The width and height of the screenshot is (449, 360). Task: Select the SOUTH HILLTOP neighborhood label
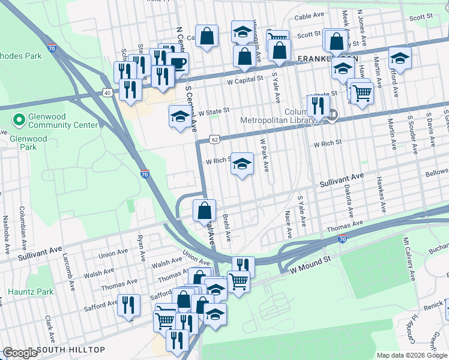pyautogui.click(x=71, y=350)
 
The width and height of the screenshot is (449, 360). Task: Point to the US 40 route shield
pyautogui.click(x=107, y=93)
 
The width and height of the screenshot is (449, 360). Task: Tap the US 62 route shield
pyautogui.click(x=214, y=139)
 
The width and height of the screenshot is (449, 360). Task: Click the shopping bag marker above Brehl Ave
pyautogui.click(x=205, y=211)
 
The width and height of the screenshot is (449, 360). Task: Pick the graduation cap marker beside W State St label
pyautogui.click(x=180, y=116)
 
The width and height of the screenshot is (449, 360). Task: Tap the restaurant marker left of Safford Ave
pyautogui.click(x=128, y=305)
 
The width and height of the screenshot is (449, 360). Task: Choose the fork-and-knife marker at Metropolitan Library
pyautogui.click(x=318, y=105)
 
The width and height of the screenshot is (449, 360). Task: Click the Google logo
pyautogui.click(x=20, y=353)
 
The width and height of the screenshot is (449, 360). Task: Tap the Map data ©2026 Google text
pyautogui.click(x=411, y=355)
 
